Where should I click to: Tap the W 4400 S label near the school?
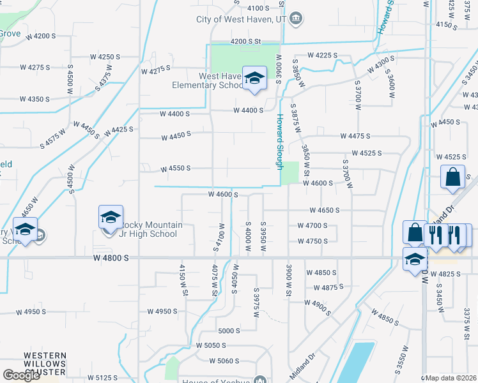tap(249, 110)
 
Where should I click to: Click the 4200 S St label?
tap(246, 41)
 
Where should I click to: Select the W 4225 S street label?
tap(322, 56)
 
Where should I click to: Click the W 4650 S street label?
tap(325, 210)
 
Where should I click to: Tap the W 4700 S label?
tap(312, 225)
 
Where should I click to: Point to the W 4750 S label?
tap(312, 241)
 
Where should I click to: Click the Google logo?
tap(21, 375)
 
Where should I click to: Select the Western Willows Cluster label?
tap(45, 364)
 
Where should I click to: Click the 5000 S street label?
tap(229, 331)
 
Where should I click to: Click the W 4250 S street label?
tap(105, 57)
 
